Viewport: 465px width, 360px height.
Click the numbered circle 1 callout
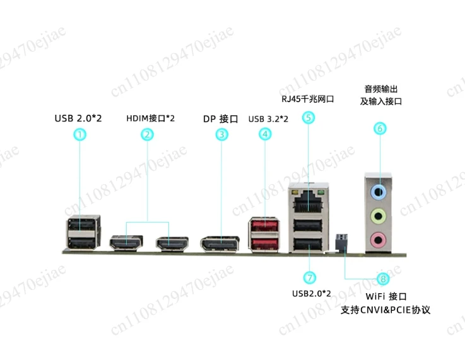pos(79,134)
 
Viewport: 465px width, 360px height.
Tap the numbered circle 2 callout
pos(147,134)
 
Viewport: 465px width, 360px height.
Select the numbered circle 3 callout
pos(221,134)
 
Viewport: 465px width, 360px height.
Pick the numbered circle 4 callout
pos(265,134)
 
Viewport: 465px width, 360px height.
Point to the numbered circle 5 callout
pos(309,118)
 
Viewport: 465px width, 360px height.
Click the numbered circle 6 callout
pos(380,128)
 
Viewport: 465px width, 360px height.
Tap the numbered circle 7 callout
pos(310,277)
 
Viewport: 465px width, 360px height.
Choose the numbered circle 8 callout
pos(383,279)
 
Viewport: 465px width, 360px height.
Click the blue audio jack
pos(378,192)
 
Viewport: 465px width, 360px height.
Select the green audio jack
pos(378,216)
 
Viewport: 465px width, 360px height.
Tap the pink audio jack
pos(378,240)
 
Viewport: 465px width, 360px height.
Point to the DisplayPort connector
pos(220,244)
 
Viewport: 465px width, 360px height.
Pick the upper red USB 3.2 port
pos(264,226)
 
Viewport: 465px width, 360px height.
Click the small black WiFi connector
pos(341,242)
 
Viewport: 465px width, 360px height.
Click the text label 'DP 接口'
pos(221,119)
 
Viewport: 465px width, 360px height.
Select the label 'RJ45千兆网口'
pos(307,98)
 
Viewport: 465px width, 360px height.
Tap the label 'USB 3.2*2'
pos(268,119)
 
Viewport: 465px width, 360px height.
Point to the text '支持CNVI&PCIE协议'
pos(386,310)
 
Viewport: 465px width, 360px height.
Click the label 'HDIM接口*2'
pos(150,119)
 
